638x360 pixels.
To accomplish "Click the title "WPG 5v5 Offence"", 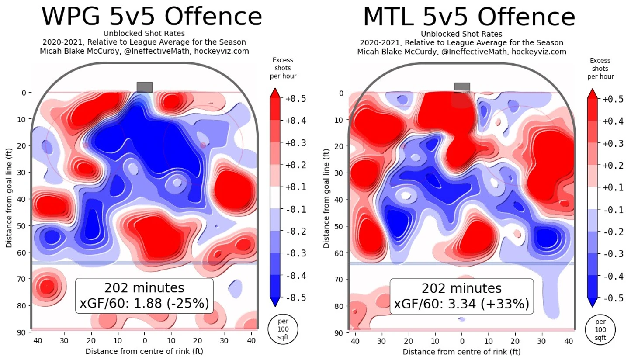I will (152, 16).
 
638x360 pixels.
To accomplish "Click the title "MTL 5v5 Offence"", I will (469, 17).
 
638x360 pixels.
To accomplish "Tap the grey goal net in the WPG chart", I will (145, 87).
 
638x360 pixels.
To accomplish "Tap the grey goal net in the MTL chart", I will (462, 87).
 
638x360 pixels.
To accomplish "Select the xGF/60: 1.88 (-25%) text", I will (144, 303).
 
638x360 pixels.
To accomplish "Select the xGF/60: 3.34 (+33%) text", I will (461, 304).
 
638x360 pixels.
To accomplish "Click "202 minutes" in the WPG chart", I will (144, 288).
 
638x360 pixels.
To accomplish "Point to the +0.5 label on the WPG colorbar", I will (296, 99).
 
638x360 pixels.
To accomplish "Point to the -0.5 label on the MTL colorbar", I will (613, 298).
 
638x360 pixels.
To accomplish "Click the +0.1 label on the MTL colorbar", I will (613, 187).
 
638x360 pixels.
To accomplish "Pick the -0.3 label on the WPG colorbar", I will (296, 253).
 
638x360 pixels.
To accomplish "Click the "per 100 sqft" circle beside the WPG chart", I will (283, 329).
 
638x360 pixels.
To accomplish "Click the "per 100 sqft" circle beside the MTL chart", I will (600, 329).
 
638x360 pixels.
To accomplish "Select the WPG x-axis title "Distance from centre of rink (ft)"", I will (144, 351).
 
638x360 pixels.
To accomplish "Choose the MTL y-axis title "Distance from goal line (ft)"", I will (326, 199).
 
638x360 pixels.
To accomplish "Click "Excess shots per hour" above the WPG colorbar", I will (283, 68).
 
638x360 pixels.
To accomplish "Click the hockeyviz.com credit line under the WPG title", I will (144, 51).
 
